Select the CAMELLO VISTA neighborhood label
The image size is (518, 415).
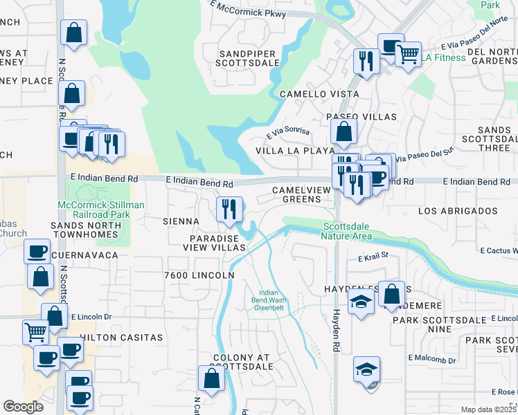pos(319,93)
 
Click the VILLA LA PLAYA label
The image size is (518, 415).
pos(295,150)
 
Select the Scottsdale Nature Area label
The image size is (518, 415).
pos(347,231)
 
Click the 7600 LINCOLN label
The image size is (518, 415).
pos(199,275)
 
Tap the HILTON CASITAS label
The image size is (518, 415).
pos(121,338)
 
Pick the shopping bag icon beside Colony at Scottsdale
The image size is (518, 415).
pos(211,378)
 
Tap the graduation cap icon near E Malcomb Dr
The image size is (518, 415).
pos(366,369)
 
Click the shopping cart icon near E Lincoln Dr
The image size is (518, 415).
pos(35,331)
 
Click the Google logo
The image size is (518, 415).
pos(23,407)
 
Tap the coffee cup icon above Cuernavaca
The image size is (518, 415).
pos(37,250)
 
